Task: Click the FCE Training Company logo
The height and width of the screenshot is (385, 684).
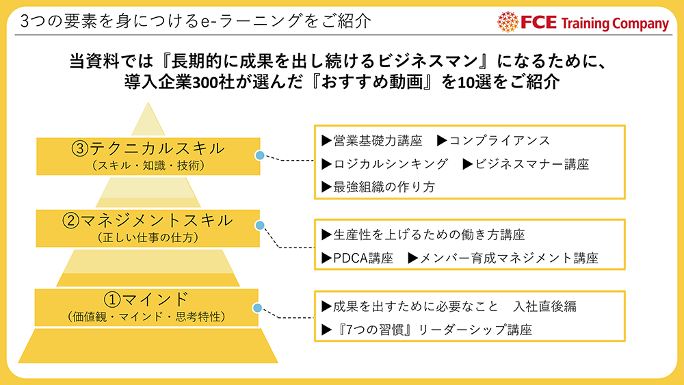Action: [x=583, y=22]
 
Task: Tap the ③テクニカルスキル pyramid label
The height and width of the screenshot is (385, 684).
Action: [x=148, y=149]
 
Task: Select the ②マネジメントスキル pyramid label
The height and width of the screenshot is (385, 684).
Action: [x=148, y=221]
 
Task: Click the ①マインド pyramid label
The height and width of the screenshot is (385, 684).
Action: [x=146, y=300]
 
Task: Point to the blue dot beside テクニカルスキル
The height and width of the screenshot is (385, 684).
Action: [x=260, y=155]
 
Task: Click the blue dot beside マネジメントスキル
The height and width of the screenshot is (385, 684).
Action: [x=260, y=226]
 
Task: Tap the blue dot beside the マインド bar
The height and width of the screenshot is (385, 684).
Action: [x=257, y=308]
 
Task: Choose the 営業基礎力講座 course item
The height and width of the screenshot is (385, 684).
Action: [x=372, y=140]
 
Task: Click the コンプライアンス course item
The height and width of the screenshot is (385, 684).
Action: [x=494, y=140]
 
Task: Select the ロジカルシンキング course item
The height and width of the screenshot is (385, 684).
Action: [x=384, y=164]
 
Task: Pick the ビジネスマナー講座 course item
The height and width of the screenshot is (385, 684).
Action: [x=526, y=164]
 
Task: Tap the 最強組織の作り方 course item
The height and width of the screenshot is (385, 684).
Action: [x=378, y=187]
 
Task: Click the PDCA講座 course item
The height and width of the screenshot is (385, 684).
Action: [x=357, y=258]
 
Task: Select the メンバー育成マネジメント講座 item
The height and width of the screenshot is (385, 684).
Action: [x=503, y=258]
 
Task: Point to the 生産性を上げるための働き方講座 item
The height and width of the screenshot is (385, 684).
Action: [x=423, y=235]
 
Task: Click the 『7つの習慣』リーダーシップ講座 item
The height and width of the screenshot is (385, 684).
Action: [x=427, y=330]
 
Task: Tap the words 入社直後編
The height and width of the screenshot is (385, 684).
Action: [x=545, y=306]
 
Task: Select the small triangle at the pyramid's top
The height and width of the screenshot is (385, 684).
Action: [x=148, y=119]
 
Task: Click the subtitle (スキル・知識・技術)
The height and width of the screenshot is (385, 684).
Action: [x=148, y=165]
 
